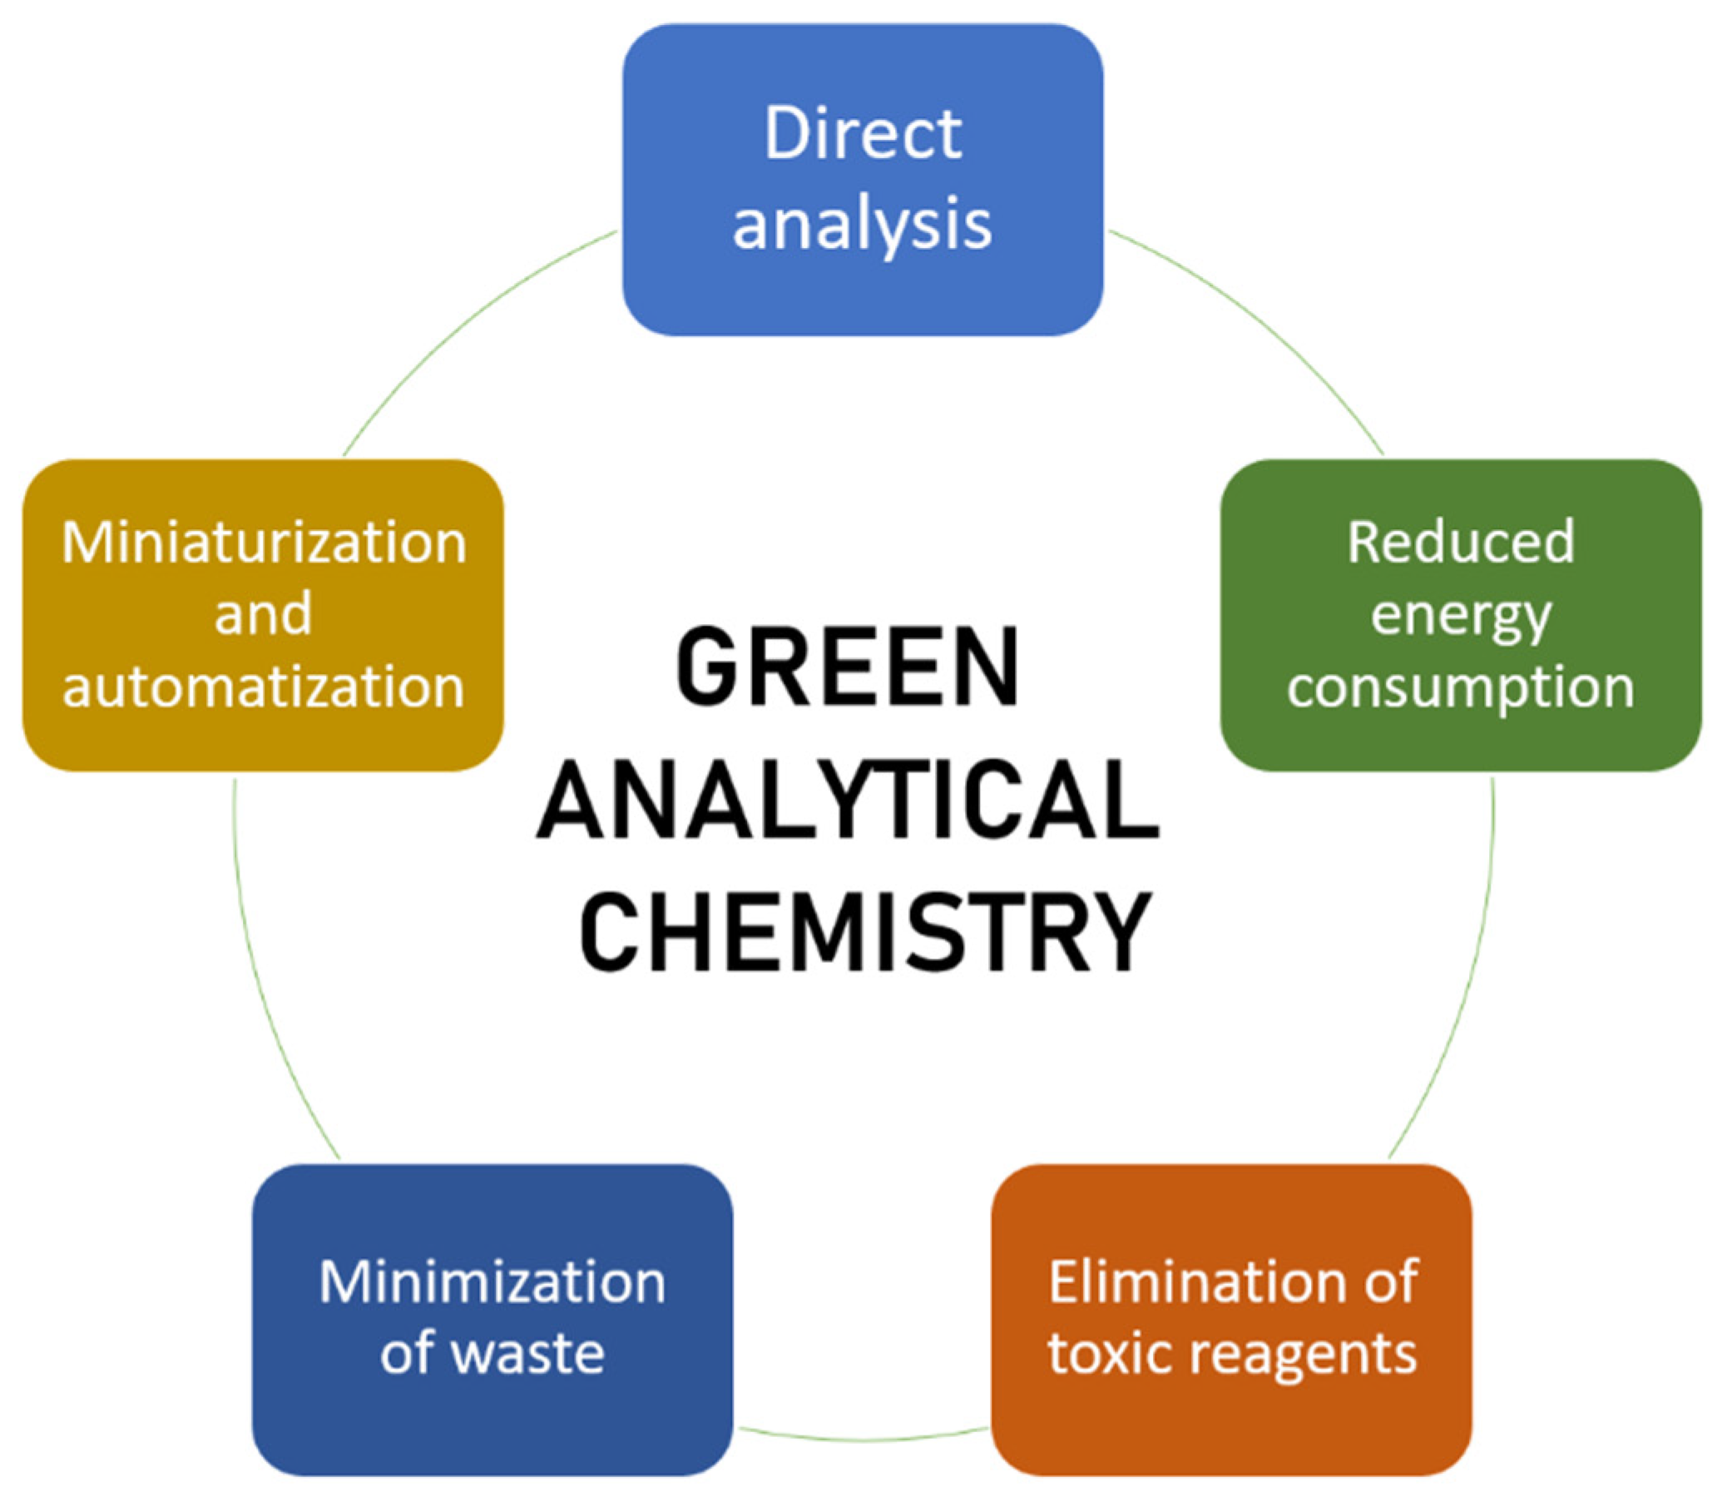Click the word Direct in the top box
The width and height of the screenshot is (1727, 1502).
coord(862,135)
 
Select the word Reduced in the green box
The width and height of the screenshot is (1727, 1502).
coord(1461,543)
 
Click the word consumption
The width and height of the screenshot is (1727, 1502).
coord(1461,688)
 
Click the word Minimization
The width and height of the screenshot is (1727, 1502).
coord(492,1283)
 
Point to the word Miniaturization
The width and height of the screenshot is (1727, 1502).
coord(263,543)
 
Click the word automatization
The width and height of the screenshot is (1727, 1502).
coord(263,687)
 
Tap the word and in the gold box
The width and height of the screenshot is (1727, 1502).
coord(263,614)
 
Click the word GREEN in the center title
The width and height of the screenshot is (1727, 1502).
coord(848,667)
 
